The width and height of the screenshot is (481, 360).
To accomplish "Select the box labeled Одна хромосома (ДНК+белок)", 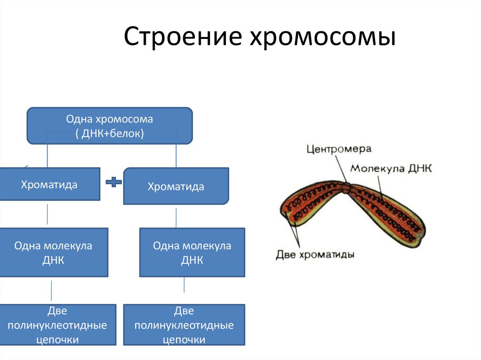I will coord(109,125).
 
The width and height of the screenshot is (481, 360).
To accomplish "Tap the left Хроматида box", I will coord(49,184).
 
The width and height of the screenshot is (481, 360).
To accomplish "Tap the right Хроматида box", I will coord(176,186).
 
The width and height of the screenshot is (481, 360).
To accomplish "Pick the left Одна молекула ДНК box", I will coord(54,252).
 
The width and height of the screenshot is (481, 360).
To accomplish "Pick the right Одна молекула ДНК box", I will coord(192,252).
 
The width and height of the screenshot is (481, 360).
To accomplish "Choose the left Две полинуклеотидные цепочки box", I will coord(58,325).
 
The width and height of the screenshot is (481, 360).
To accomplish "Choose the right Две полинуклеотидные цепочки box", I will coord(184,325).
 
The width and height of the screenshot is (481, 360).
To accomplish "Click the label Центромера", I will coord(339,149).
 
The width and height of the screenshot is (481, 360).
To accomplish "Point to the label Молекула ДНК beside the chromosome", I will coord(391,168).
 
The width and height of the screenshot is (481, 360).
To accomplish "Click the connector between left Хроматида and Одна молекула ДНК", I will coord(47,214).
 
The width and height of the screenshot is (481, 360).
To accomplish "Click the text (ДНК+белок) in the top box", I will coord(109,133).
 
